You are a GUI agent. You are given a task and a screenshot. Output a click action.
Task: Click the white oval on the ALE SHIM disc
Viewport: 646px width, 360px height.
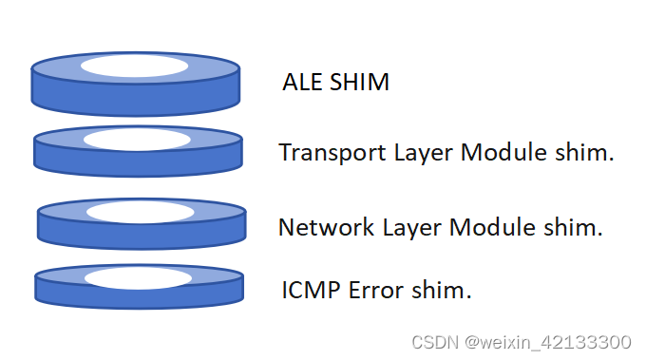134,66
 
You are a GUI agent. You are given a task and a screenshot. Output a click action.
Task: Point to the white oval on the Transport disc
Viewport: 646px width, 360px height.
136,140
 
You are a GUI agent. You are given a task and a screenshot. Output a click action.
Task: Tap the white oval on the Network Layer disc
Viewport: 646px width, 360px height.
140,212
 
